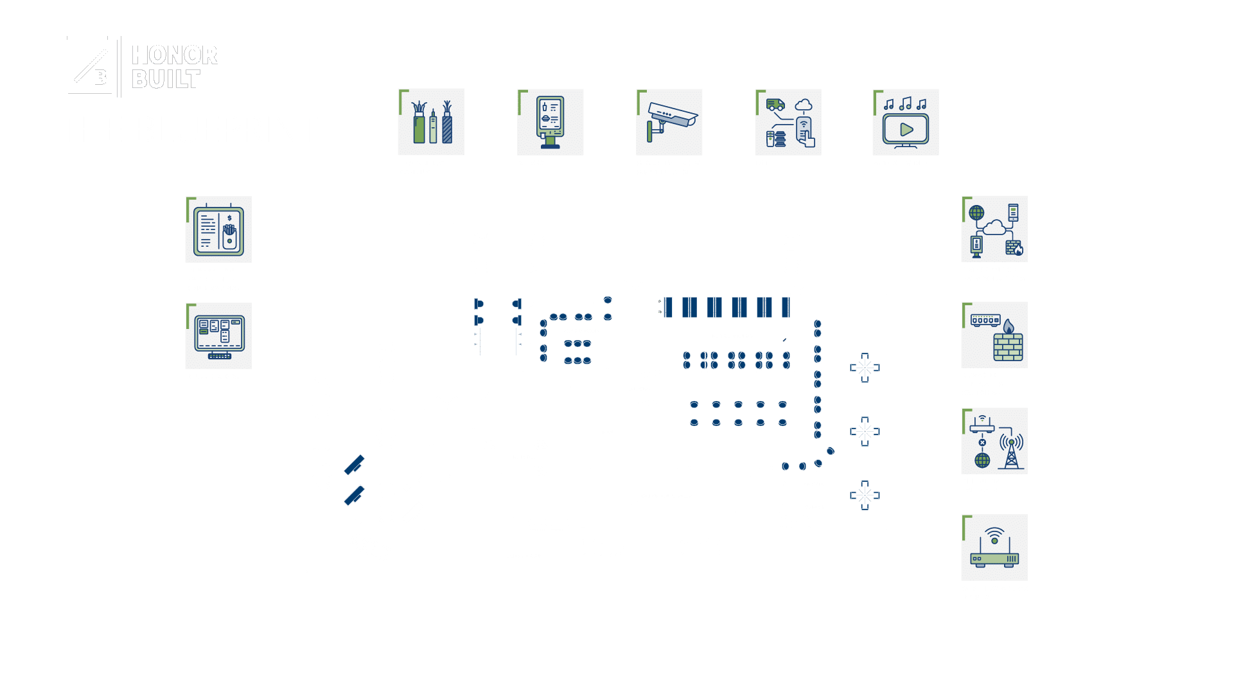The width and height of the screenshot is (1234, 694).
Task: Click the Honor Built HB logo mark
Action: [90, 67]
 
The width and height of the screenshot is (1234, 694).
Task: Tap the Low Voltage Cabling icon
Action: [431, 122]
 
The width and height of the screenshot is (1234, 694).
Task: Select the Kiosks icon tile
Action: [551, 122]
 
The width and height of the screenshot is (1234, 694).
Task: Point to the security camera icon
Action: [669, 122]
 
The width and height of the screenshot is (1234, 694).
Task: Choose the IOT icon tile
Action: [788, 122]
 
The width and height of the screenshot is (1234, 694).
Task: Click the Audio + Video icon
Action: [906, 122]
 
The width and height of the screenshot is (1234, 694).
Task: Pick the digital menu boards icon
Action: [218, 229]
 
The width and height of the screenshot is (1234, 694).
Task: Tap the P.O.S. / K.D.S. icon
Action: [218, 336]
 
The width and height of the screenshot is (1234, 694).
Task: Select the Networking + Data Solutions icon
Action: [994, 229]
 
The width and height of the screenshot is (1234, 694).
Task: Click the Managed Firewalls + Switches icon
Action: [994, 335]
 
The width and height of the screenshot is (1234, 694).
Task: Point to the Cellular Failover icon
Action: [994, 441]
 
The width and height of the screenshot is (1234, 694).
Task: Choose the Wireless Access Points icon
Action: [994, 547]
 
